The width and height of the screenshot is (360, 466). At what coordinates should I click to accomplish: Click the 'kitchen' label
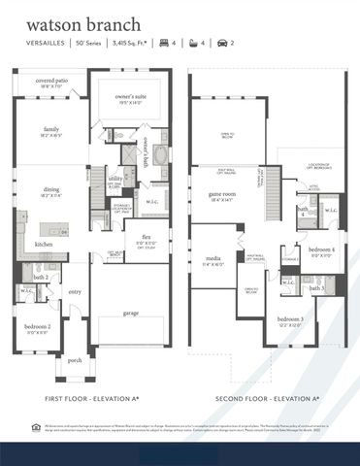[45, 244]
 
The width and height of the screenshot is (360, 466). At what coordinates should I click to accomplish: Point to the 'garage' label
[131, 313]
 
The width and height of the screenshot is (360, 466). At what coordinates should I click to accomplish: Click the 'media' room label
[213, 259]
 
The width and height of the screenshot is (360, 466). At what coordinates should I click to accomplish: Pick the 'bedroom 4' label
[321, 250]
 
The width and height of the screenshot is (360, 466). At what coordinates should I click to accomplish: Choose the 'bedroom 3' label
[289, 319]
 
